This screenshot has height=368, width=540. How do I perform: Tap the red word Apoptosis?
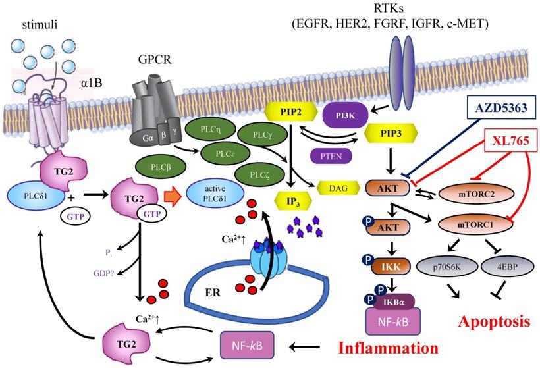(493, 322)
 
